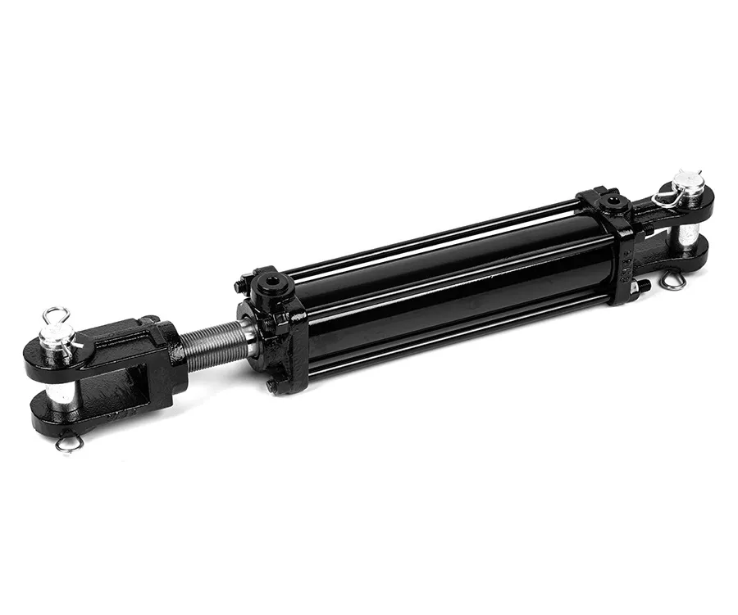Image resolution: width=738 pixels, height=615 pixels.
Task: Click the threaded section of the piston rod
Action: click(x=216, y=343)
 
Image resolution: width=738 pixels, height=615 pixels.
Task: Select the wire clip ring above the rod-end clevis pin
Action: click(x=55, y=314)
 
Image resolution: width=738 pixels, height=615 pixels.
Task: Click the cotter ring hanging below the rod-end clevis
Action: click(x=70, y=443)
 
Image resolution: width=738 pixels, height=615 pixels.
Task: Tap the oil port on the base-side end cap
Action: click(x=608, y=199)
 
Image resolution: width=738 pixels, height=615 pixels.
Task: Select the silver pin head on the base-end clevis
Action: click(x=687, y=182)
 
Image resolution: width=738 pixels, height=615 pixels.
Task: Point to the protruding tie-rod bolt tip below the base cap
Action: click(x=644, y=286)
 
